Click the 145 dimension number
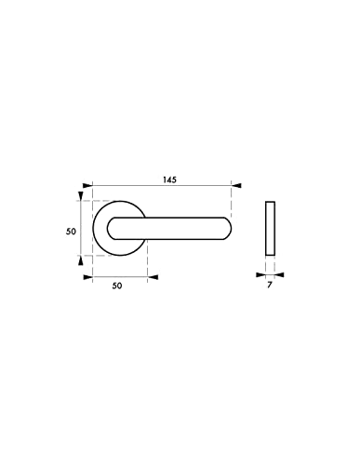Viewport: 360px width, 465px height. [x=169, y=179]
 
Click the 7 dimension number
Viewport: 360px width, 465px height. [x=269, y=285]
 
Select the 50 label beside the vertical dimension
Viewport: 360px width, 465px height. [x=71, y=232]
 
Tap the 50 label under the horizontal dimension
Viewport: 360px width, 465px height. [x=117, y=286]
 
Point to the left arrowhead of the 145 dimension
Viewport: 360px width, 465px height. [x=87, y=186]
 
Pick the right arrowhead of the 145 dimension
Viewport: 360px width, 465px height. [x=236, y=186]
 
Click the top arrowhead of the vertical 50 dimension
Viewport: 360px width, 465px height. [x=81, y=196]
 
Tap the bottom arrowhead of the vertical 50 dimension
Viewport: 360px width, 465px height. [x=81, y=260]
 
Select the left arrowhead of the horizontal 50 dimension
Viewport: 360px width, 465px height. [x=88, y=277]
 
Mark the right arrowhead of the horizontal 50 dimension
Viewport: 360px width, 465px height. [x=153, y=277]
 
